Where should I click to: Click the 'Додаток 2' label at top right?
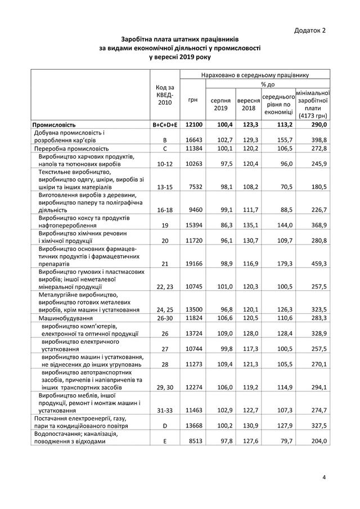310,30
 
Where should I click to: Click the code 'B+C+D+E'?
165,124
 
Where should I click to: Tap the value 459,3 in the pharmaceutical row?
318,263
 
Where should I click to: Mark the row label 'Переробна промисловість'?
67,148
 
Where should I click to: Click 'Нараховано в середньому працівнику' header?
254,74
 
